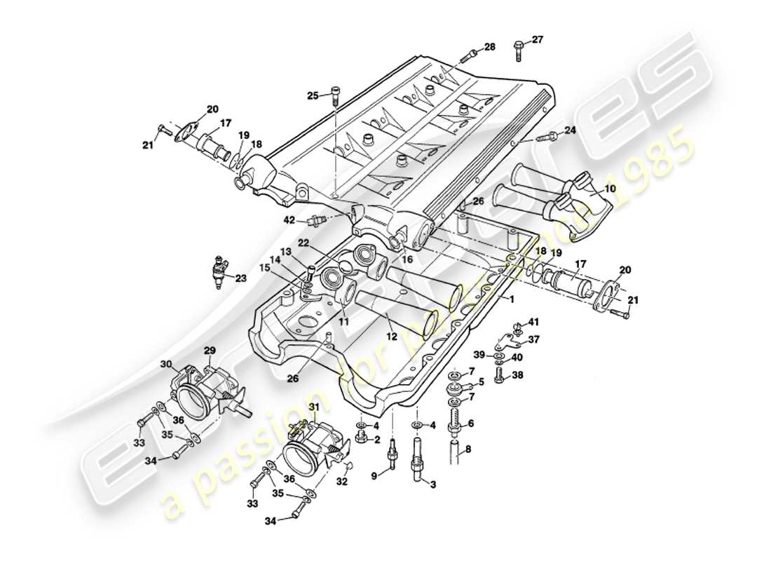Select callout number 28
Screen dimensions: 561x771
pyautogui.click(x=489, y=47)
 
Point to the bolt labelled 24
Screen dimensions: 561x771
pyautogui.click(x=549, y=136)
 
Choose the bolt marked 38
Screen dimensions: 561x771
pyautogui.click(x=499, y=376)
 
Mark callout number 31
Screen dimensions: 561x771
pyautogui.click(x=314, y=407)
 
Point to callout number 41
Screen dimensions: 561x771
pyautogui.click(x=534, y=322)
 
